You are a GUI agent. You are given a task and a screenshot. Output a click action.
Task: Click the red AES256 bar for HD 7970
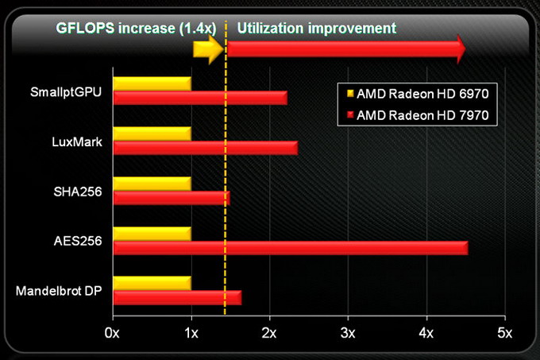290,249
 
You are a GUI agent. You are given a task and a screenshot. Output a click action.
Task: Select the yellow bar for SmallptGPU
152,83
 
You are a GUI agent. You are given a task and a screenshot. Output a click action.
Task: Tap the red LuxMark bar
205,147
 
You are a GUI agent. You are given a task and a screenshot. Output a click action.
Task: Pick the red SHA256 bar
171,198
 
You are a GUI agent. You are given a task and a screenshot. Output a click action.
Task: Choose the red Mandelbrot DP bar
176,298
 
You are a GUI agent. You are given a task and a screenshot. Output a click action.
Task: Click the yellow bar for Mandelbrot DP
152,283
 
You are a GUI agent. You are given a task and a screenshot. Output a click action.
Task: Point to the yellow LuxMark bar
152,133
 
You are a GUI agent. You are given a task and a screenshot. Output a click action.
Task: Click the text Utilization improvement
316,28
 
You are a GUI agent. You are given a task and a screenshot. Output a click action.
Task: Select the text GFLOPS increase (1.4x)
134,28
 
